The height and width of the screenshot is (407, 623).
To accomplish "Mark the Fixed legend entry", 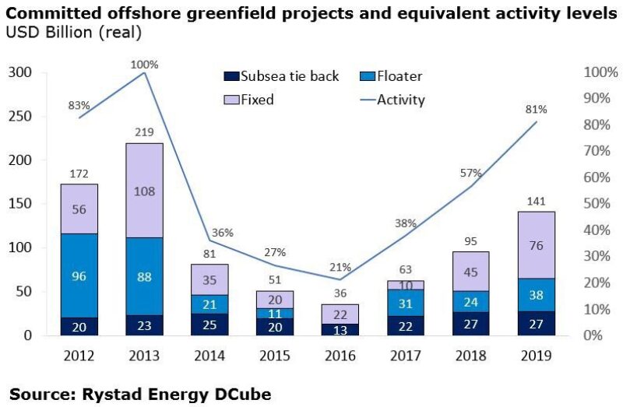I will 250,100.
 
